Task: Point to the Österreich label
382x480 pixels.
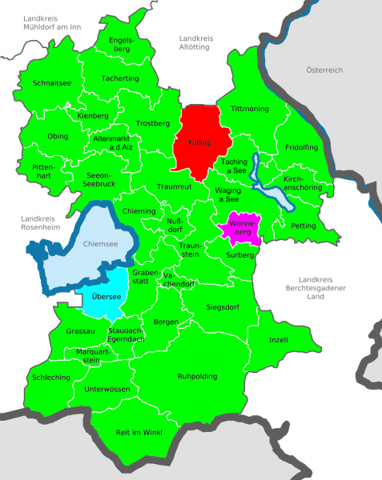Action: pyautogui.click(x=324, y=70)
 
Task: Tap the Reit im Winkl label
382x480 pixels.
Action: pyautogui.click(x=139, y=433)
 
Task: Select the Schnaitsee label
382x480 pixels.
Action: pyautogui.click(x=52, y=82)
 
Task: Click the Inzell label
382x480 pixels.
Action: pyautogui.click(x=279, y=339)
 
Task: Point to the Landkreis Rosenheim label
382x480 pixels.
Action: pyautogui.click(x=40, y=223)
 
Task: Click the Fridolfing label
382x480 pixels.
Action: pyautogui.click(x=301, y=148)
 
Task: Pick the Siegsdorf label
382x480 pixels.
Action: pyautogui.click(x=222, y=306)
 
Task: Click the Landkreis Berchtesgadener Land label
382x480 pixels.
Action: pyautogui.click(x=319, y=290)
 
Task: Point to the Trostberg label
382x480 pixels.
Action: pyautogui.click(x=153, y=123)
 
